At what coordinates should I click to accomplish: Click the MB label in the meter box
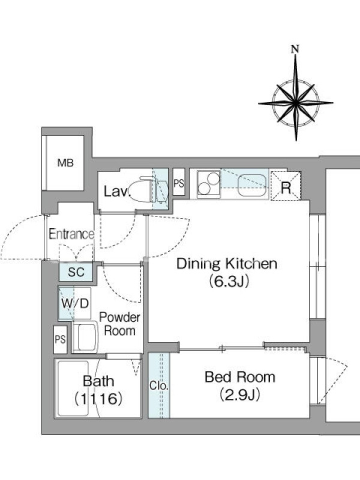[65, 163]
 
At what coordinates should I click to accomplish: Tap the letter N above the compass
[295, 49]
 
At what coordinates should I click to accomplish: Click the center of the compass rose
[296, 103]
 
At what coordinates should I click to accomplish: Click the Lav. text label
[117, 191]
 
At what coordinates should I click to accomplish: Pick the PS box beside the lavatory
[179, 182]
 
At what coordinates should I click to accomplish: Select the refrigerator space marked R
[286, 186]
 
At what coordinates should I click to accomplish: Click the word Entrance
[71, 234]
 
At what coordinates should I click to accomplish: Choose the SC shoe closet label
[76, 272]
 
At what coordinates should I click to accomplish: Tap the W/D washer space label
[75, 304]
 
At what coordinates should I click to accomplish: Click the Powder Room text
[119, 324]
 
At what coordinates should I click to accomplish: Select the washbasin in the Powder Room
[85, 337]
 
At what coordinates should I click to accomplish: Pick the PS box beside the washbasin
[61, 340]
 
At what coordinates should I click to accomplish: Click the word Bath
[98, 381]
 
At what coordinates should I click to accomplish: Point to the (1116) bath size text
[98, 399]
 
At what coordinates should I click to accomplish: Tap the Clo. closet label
[159, 386]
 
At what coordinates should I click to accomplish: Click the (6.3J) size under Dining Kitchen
[229, 281]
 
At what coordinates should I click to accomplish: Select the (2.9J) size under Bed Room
[240, 394]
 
